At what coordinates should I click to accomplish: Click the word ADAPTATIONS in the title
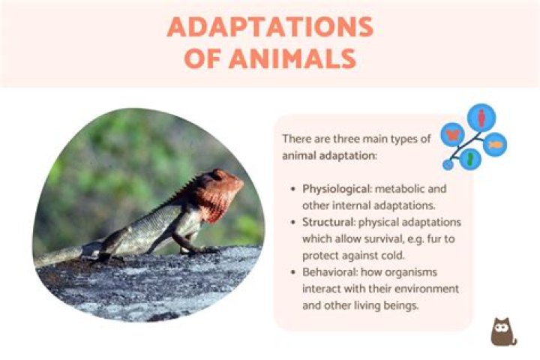(270, 27)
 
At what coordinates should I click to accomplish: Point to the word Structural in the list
(328, 223)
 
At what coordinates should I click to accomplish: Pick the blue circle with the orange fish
(494, 143)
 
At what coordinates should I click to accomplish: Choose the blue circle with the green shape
(469, 158)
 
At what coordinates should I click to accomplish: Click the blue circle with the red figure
(481, 117)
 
